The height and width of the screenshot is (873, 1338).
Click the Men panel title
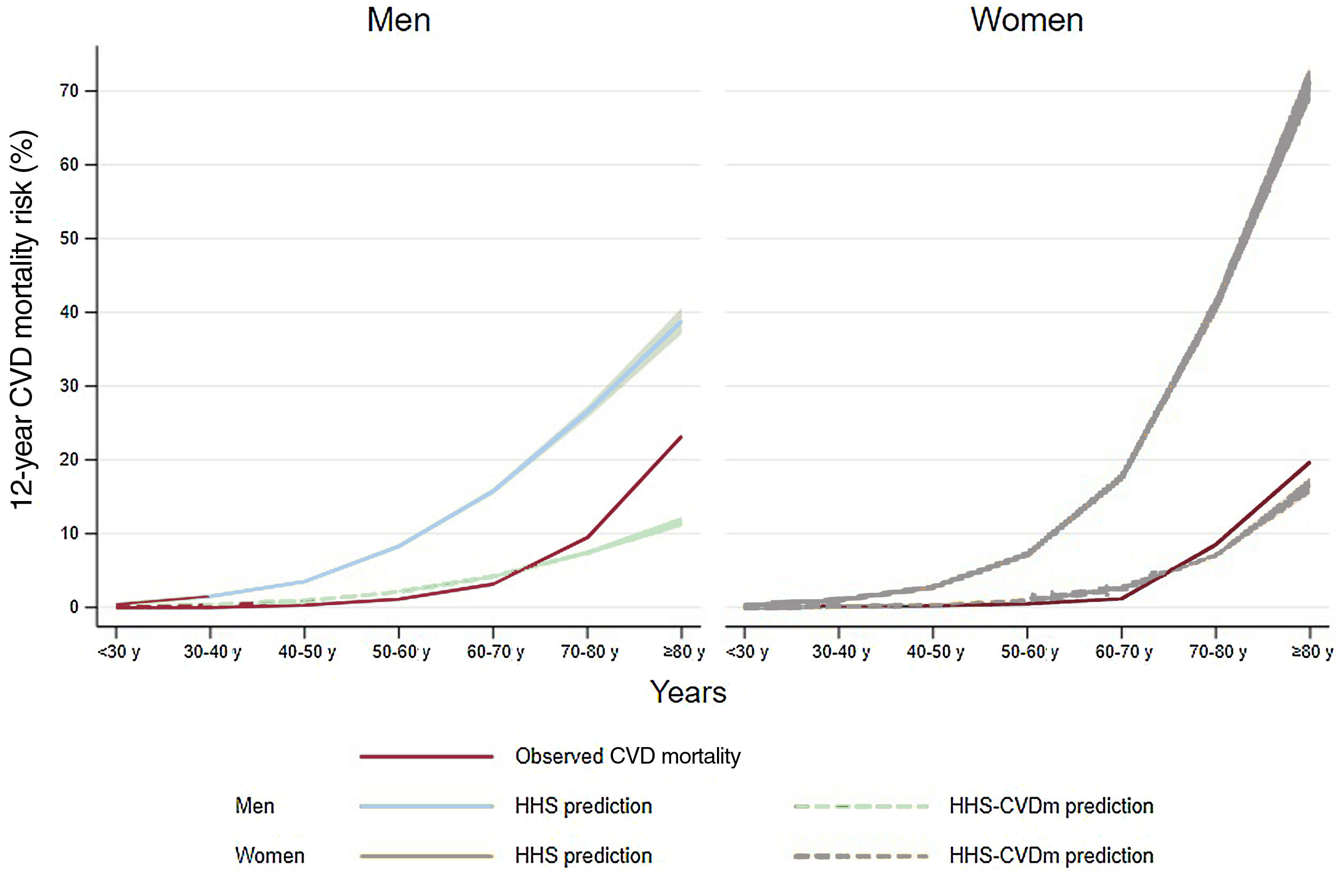399,20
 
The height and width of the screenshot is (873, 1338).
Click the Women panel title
1026,20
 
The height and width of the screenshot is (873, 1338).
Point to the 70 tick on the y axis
69,91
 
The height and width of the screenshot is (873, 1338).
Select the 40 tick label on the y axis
69,313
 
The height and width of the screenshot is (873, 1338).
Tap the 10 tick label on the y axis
69,534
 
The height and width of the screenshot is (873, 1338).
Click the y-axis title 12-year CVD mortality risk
23,320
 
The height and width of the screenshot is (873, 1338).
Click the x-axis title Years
688,693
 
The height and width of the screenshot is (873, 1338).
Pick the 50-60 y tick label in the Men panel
401,652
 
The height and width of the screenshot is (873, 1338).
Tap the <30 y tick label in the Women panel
747,652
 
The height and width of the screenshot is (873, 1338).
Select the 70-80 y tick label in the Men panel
589,652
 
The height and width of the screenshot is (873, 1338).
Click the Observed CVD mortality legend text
627,757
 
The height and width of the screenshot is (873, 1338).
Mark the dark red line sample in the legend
426,757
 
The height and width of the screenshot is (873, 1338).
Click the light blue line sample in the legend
426,806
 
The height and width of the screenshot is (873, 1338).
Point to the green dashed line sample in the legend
861,806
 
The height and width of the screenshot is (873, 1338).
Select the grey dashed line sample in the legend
861,856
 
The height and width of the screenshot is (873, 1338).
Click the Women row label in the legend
270,856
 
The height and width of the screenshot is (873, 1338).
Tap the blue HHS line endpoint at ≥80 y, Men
681,322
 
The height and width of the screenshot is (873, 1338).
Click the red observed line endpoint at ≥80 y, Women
1309,463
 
